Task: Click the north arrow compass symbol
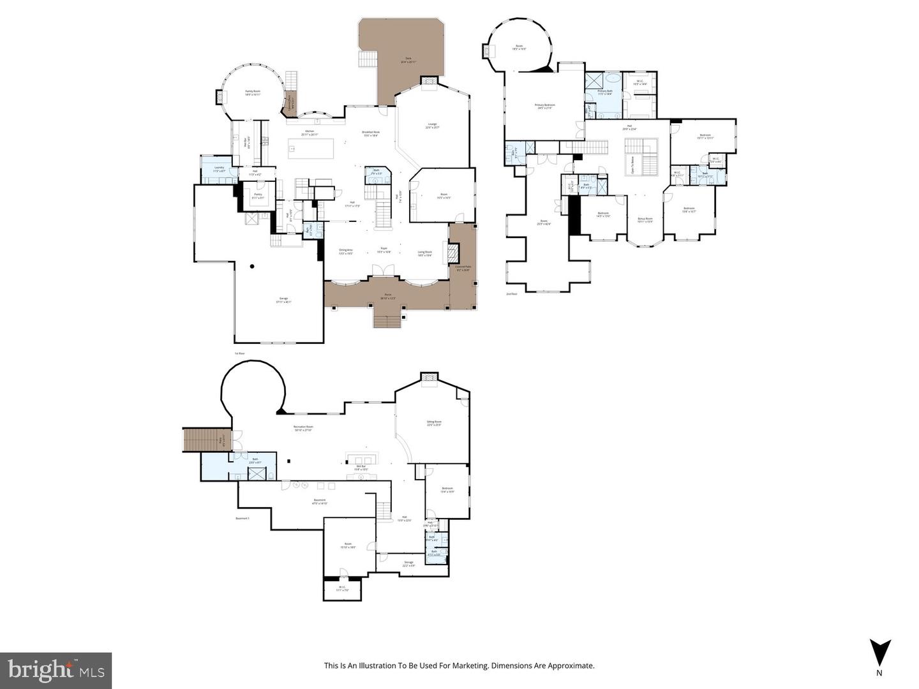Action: (x=879, y=652)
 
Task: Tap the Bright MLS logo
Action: (x=56, y=670)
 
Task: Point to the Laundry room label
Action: (x=219, y=169)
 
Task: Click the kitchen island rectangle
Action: (x=311, y=149)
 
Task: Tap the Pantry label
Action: (x=258, y=196)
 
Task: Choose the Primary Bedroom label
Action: (x=544, y=106)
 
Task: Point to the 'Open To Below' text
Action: (x=632, y=165)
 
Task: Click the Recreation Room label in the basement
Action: (x=303, y=427)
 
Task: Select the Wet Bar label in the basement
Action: (x=361, y=468)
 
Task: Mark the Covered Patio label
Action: (x=463, y=269)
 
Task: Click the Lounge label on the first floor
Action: (x=432, y=126)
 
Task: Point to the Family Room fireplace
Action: (x=221, y=97)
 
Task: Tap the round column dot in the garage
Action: (x=253, y=266)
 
